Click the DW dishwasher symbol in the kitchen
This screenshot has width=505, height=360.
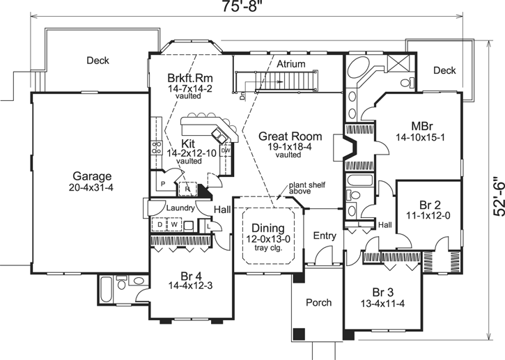pyautogui.click(x=225, y=150)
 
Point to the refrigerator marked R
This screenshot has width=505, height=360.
pyautogui.click(x=187, y=187)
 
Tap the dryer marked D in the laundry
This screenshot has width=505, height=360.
pyautogui.click(x=159, y=225)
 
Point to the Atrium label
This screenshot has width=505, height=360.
pyautogui.click(x=291, y=63)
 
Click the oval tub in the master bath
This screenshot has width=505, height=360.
pyautogui.click(x=360, y=70)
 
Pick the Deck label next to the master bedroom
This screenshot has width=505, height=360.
pyautogui.click(x=444, y=70)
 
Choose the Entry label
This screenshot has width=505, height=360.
pyautogui.click(x=325, y=236)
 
